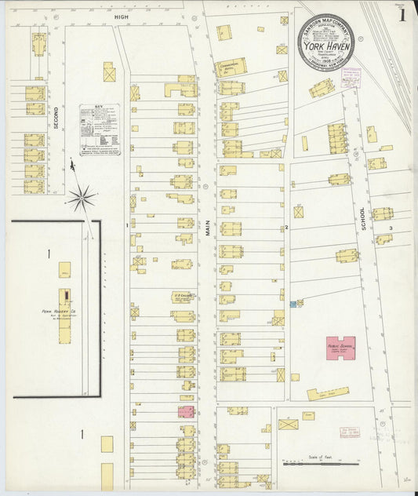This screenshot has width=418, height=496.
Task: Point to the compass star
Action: click(x=82, y=197)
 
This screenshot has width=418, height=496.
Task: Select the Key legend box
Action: click(x=100, y=129)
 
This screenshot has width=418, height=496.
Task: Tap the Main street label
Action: click(x=209, y=228)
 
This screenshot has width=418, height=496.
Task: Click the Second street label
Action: click(x=56, y=118)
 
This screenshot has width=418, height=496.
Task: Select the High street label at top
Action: click(x=121, y=15)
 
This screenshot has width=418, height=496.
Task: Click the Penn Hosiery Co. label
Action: click(x=57, y=312)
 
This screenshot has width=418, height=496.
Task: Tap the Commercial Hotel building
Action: click(x=231, y=67)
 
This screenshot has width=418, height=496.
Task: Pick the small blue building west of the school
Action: click(x=293, y=304)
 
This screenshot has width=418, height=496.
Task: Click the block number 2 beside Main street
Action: click(x=287, y=227)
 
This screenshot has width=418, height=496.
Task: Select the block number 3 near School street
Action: click(x=390, y=228)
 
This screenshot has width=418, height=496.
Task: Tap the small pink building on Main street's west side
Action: click(x=186, y=411)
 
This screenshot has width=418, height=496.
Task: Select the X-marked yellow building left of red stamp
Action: click(x=289, y=425)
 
